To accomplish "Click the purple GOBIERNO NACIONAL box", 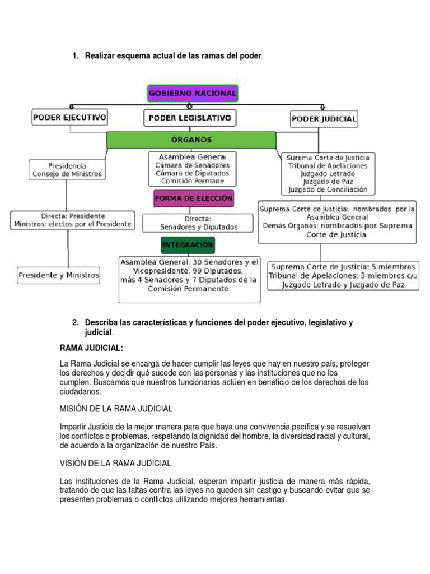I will click(193, 93).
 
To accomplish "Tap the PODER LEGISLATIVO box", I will click(190, 118).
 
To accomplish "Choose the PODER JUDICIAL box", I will click(324, 119).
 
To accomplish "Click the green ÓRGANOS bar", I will click(191, 140).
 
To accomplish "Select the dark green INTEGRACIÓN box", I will click(188, 246).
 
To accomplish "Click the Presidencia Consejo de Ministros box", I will click(67, 170).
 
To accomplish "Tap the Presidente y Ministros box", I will click(59, 275).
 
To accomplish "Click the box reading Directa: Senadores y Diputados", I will click(191, 223).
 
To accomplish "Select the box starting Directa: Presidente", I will click(73, 220).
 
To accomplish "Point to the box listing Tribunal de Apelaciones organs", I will click(328, 174).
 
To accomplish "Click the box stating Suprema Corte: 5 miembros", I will click(343, 275).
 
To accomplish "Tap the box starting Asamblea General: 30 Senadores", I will click(189, 275).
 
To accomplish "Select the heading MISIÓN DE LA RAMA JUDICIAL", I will click(116, 408).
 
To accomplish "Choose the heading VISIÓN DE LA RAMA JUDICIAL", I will click(115, 464).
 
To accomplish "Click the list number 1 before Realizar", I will click(76, 56).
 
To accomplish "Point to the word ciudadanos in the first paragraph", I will click(81, 392).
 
